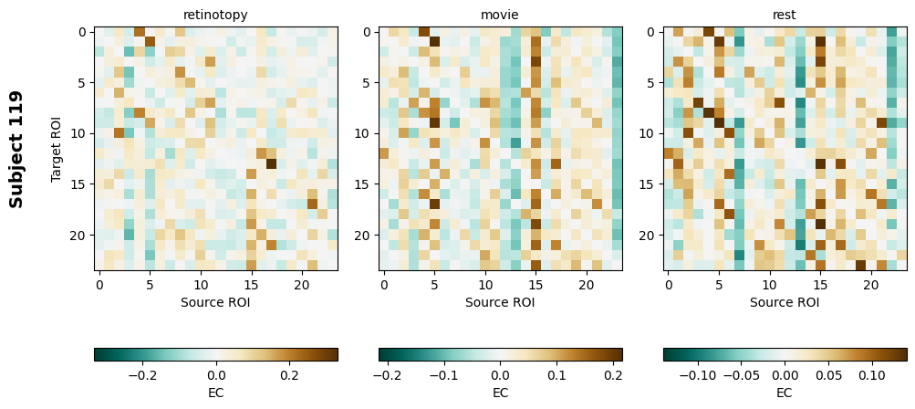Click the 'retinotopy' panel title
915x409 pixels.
[x=215, y=15]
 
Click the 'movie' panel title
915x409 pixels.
[x=500, y=15]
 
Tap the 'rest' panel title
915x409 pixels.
[x=785, y=15]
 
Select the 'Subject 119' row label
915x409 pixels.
[x=16, y=149]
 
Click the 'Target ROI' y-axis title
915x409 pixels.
[x=57, y=149]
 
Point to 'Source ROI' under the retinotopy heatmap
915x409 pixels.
[x=215, y=302]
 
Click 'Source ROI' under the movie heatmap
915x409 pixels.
[x=500, y=302]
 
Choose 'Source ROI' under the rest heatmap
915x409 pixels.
[x=785, y=302]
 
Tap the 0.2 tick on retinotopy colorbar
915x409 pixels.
[x=289, y=374]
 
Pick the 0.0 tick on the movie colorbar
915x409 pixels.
[x=500, y=374]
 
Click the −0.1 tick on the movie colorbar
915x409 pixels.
[x=443, y=374]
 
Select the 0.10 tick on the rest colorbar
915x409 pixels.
[x=871, y=374]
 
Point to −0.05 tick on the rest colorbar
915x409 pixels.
[x=742, y=374]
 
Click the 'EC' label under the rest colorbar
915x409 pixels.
[x=785, y=393]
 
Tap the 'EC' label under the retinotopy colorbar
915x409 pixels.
[x=215, y=393]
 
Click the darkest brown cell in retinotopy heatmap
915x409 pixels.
[x=272, y=164]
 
